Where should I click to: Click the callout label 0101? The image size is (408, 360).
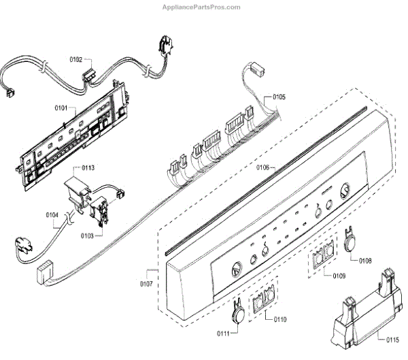61,108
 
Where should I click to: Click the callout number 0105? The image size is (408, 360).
279,97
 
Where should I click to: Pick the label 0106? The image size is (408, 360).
262,167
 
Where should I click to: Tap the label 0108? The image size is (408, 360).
365,260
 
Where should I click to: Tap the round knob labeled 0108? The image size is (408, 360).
351,241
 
